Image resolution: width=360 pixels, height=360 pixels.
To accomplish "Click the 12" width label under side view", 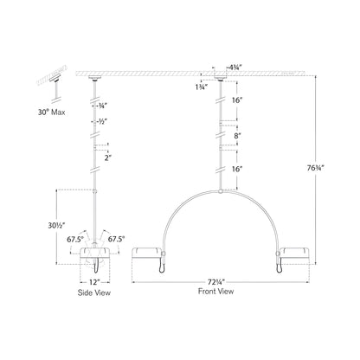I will tap(93, 281).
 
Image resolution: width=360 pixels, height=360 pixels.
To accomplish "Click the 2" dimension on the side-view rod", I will tap(106, 157).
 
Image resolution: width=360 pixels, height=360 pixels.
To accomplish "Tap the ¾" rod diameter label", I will tap(105, 106).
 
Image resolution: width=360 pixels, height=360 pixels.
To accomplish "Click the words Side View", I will tap(93, 292).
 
